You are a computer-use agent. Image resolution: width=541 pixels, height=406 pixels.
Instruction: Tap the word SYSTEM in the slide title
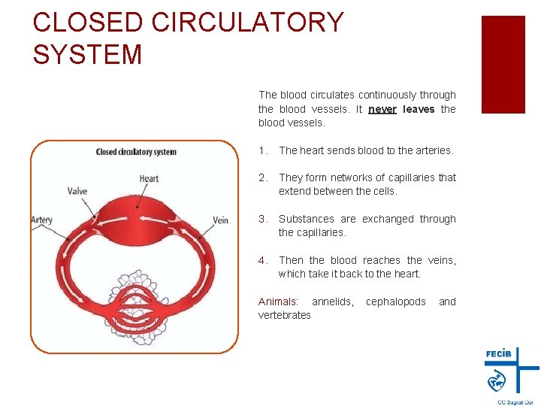click(88, 54)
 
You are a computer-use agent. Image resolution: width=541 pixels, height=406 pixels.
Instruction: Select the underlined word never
click(382, 109)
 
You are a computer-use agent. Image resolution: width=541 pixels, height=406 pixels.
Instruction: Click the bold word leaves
click(419, 109)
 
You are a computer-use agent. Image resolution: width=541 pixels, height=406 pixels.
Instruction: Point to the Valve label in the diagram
click(77, 191)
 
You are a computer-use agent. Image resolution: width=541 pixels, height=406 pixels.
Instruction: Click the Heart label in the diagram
click(149, 178)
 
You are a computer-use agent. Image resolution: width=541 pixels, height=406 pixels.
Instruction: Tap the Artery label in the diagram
click(42, 220)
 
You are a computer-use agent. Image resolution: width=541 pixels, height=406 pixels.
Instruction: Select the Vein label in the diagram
click(220, 220)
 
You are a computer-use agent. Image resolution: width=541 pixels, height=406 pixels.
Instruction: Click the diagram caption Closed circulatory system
click(136, 152)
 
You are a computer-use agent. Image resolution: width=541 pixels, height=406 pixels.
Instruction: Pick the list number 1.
click(262, 150)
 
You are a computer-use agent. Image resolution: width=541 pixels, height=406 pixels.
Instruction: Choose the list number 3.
click(262, 219)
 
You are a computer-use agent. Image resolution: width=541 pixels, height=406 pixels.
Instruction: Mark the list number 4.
click(262, 260)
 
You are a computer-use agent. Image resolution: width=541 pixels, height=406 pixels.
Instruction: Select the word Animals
click(277, 301)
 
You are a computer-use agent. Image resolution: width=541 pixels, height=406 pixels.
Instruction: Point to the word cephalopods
click(395, 301)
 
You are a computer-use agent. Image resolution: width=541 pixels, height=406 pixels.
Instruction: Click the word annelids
click(332, 301)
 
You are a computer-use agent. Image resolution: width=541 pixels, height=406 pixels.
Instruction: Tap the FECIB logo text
click(499, 353)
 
